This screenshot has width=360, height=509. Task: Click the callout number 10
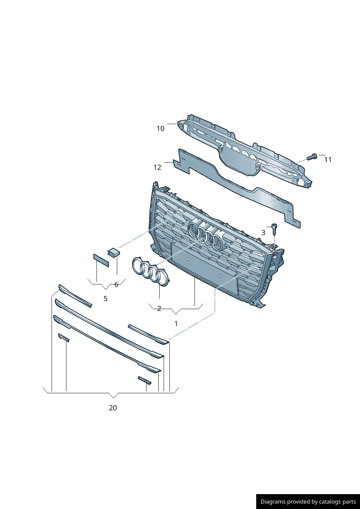coord(160,129)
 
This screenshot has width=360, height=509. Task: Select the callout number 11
coord(328,160)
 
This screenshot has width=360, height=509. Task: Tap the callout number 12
coord(157,168)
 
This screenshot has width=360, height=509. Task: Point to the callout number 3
coord(263,233)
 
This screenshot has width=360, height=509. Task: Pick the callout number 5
coord(106,299)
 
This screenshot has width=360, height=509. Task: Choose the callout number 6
coord(116,284)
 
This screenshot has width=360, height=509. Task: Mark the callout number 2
coord(159,308)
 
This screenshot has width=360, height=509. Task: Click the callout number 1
coord(176,324)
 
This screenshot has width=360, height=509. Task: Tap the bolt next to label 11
coord(312,157)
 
